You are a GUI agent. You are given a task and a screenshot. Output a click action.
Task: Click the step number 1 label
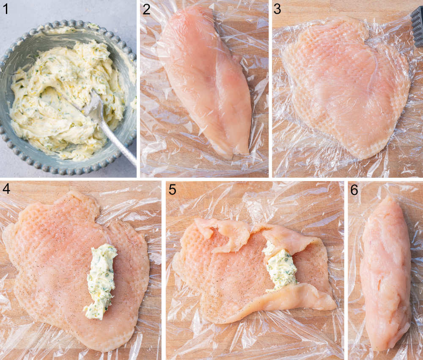pyautogui.click(x=5, y=9)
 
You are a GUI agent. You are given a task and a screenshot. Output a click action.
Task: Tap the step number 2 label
pyautogui.click(x=146, y=9)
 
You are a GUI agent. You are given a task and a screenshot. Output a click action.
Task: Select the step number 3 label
pyautogui.click(x=278, y=9)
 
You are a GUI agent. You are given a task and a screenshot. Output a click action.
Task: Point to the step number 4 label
pyautogui.click(x=7, y=190)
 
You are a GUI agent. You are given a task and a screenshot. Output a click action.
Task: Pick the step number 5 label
pyautogui.click(x=173, y=190)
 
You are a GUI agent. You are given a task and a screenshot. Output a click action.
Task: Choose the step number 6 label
pyautogui.click(x=354, y=190)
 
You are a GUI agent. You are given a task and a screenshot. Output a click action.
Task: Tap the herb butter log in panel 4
pyautogui.click(x=101, y=281)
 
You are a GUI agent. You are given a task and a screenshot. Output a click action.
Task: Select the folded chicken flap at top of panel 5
pyautogui.click(x=228, y=235)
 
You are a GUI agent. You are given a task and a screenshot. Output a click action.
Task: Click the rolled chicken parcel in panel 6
pyautogui.click(x=385, y=275)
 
